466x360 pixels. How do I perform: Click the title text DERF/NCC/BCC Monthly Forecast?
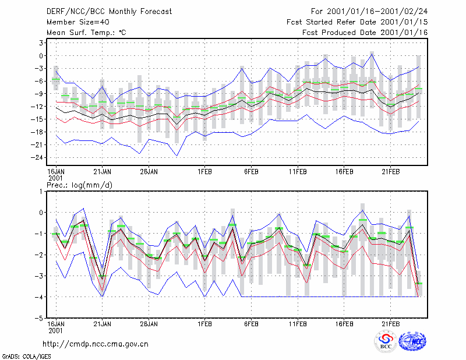[109, 12]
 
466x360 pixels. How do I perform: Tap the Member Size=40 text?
[78, 22]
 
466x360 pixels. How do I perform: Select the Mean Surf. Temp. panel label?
[86, 33]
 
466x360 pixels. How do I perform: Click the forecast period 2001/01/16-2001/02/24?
[377, 12]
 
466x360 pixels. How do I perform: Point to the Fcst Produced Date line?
[365, 33]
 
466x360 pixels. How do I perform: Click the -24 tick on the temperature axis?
[37, 157]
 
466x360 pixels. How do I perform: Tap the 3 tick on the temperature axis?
[41, 43]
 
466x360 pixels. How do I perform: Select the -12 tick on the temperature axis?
[37, 107]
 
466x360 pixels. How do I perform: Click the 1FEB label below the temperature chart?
[204, 172]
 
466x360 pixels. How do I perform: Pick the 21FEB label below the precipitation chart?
[390, 324]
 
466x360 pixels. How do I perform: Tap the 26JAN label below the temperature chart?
[149, 172]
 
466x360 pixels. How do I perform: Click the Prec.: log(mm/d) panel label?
[79, 185]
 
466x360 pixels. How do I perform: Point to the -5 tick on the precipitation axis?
[39, 318]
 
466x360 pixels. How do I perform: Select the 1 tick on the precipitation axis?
[41, 192]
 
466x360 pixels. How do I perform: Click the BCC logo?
[386, 341]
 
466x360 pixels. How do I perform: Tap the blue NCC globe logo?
[412, 341]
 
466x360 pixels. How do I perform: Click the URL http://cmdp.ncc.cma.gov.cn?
[96, 344]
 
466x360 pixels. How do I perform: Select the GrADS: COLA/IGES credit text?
[27, 357]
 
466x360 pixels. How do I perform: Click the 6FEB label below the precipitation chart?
[251, 324]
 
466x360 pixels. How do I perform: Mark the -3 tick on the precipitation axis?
[39, 276]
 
